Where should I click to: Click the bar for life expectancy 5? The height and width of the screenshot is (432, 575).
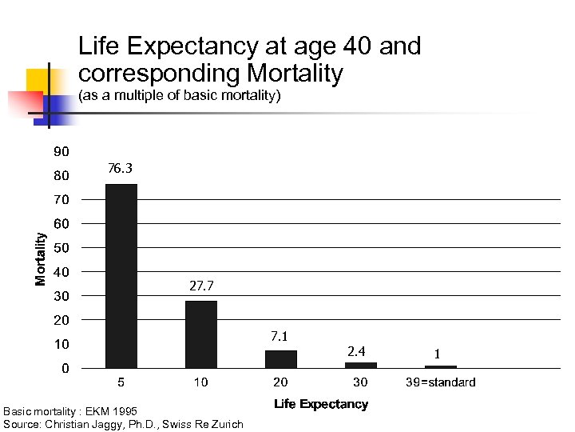coord(121,276)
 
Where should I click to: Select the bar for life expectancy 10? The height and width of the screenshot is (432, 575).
coord(201,334)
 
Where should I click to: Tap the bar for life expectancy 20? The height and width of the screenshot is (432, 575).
coord(281,359)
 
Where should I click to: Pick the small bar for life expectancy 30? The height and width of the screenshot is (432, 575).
coord(360,365)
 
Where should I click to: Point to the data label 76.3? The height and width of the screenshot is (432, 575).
coord(120,169)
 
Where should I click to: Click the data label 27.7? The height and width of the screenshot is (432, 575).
coord(201,286)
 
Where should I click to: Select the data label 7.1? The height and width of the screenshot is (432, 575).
coord(281,335)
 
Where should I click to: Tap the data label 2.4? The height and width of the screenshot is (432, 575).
coord(357,350)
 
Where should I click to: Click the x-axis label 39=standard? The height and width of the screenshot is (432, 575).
coord(440,382)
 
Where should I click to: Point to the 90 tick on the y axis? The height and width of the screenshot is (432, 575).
coord(61,151)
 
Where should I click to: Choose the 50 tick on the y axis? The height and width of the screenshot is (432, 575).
coord(61,248)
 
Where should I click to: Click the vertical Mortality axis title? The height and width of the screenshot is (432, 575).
coord(40,258)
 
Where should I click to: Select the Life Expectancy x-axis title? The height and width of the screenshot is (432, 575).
coord(321,404)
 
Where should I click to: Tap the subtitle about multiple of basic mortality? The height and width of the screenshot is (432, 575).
coord(180,97)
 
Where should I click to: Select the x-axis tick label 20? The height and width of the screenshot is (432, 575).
coord(281,382)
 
